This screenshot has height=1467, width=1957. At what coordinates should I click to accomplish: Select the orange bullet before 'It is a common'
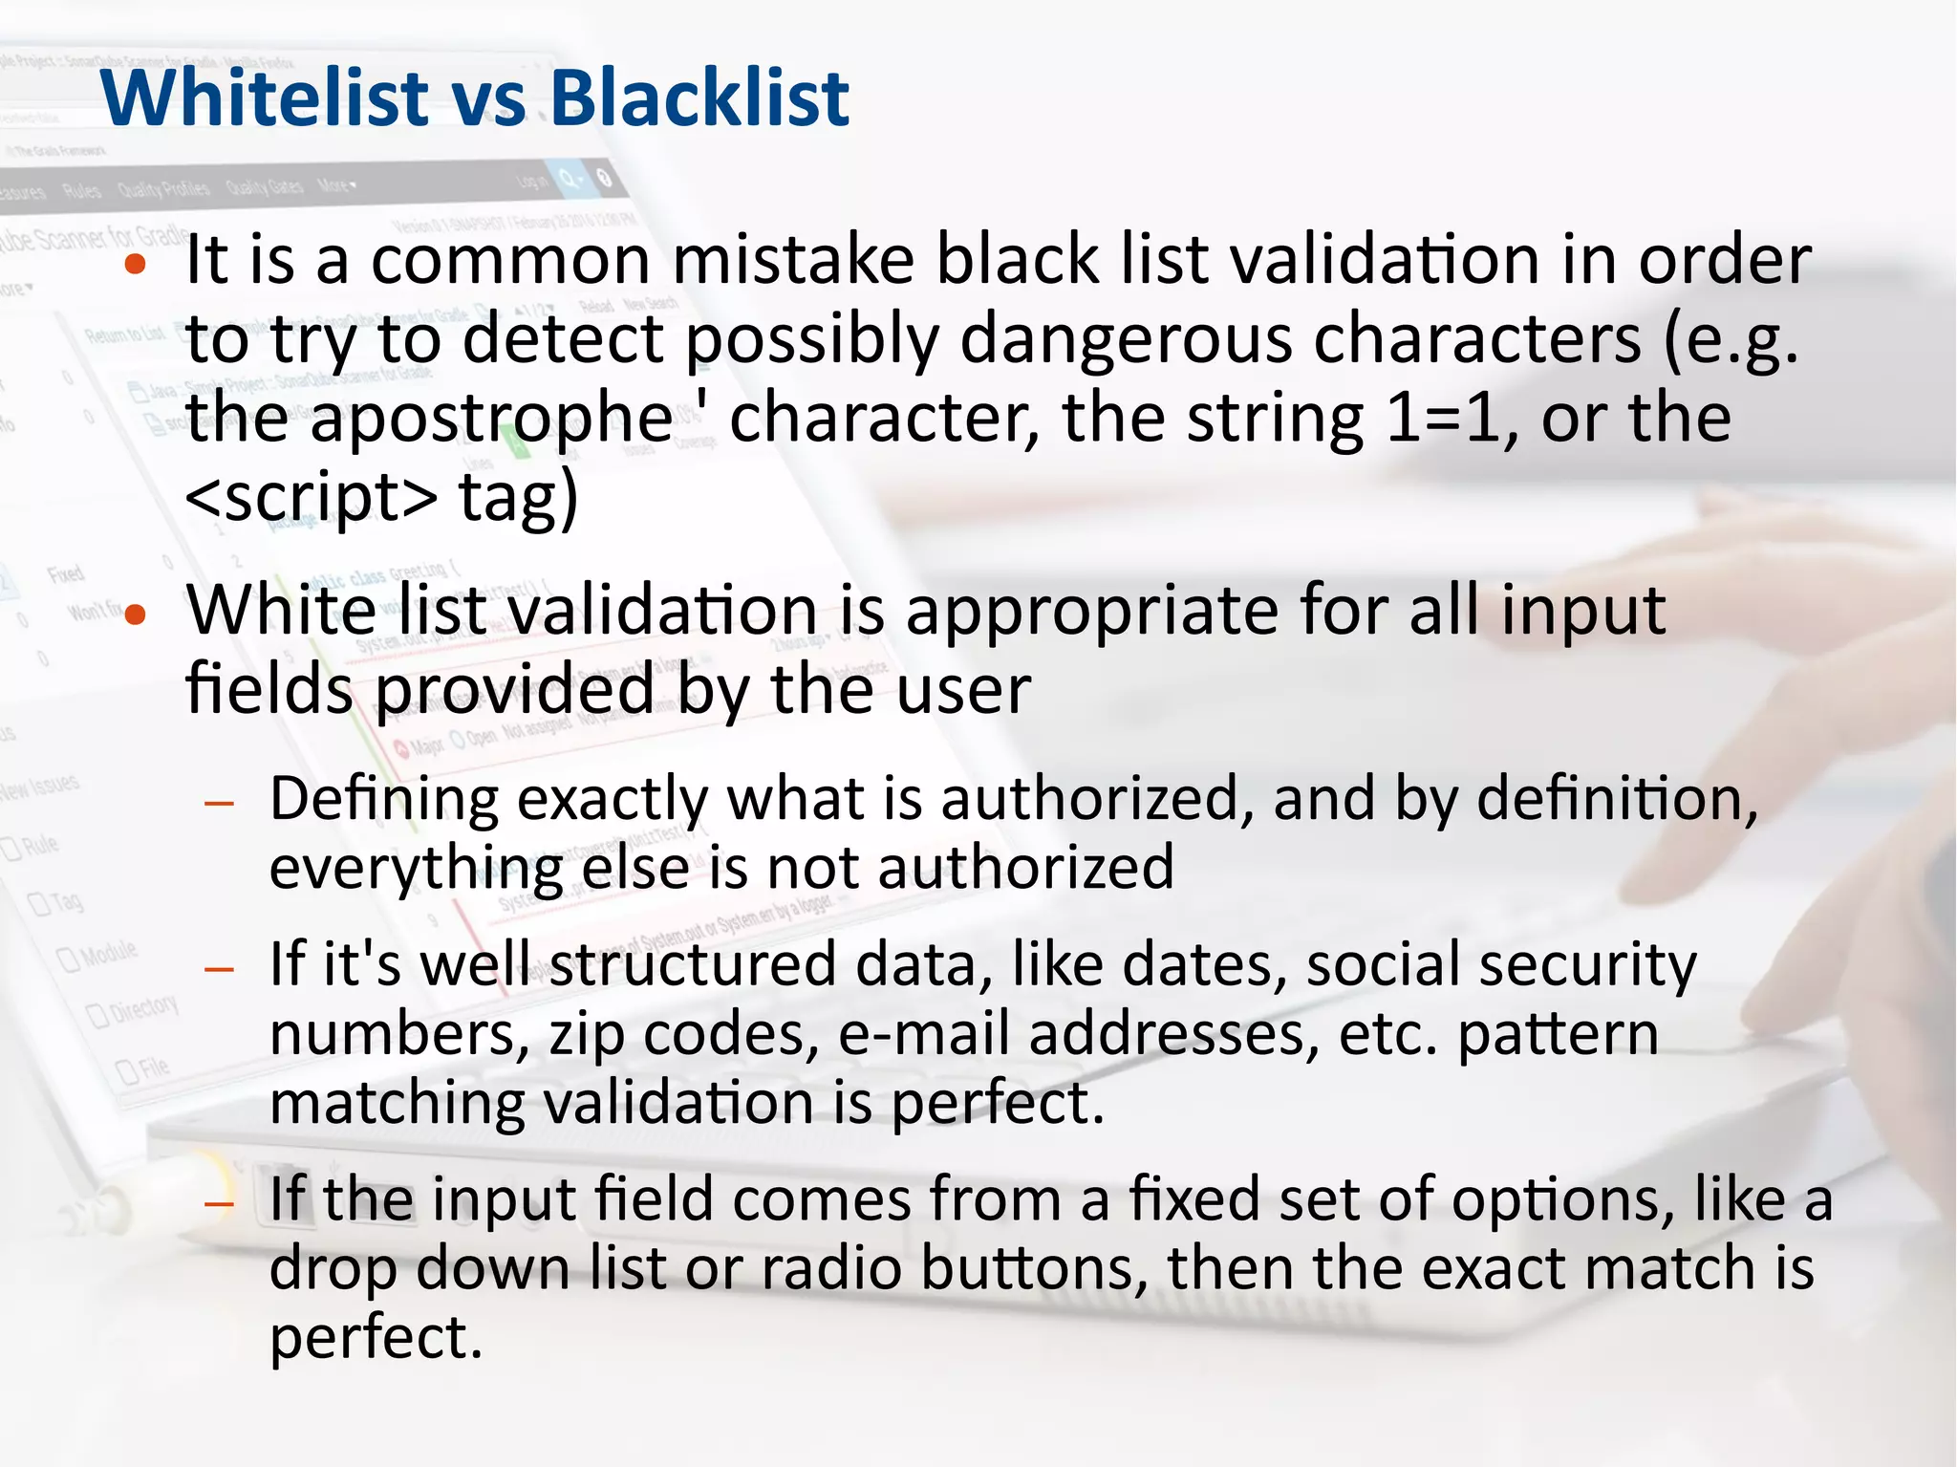pos(136,265)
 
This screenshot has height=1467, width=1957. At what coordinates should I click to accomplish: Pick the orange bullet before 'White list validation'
pos(136,615)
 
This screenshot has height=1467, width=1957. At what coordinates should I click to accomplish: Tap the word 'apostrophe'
pos(492,421)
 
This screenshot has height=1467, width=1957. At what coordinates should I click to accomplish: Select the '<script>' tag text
pos(312,499)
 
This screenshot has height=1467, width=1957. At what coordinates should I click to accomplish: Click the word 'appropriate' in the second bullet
pos(1092,613)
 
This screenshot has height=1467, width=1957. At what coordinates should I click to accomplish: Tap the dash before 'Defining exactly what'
pos(220,803)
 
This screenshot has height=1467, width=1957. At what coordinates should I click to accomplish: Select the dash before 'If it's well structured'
pos(220,969)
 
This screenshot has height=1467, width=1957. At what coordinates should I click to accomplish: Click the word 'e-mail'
pos(924,1034)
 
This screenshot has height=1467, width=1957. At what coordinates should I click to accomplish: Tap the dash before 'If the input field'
pos(220,1203)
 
